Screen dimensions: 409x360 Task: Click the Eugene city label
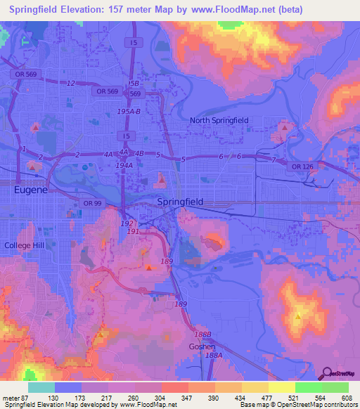pyautogui.click(x=31, y=190)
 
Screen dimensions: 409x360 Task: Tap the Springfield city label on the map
pyautogui.click(x=180, y=202)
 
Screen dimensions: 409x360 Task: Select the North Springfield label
pyautogui.click(x=219, y=120)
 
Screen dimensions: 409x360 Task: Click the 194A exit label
pyautogui.click(x=124, y=165)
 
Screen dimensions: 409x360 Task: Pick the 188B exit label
pyautogui.click(x=202, y=335)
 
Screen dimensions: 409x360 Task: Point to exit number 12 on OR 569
pyautogui.click(x=70, y=84)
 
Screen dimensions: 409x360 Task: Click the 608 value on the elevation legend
pyautogui.click(x=347, y=398)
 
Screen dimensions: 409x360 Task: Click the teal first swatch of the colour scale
pyautogui.click(x=41, y=387)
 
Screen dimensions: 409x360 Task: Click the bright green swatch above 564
pyautogui.click(x=309, y=387)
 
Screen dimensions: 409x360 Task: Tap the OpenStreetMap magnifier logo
pyautogui.click(x=328, y=374)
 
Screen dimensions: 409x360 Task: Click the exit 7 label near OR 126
pyautogui.click(x=274, y=160)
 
